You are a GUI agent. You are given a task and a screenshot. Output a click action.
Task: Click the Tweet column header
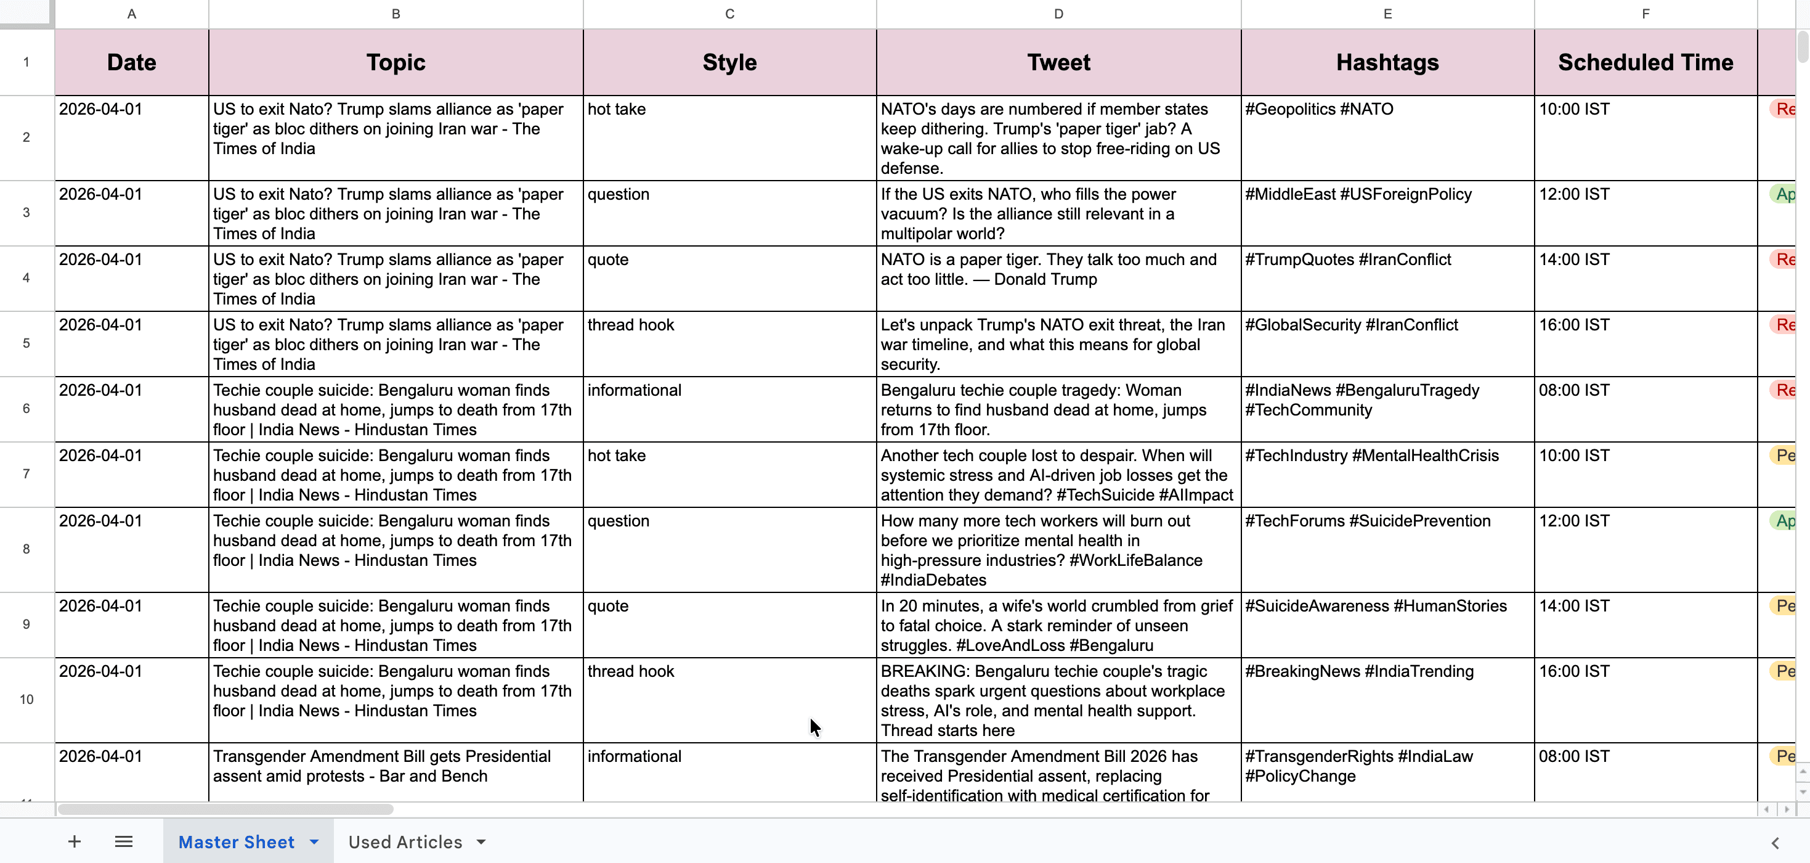(1058, 62)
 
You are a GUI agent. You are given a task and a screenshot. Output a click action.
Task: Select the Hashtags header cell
(1387, 62)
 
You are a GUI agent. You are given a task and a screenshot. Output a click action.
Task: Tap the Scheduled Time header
(1645, 62)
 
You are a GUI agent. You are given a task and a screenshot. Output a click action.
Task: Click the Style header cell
(729, 62)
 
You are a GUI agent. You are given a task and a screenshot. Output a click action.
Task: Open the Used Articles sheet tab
(405, 842)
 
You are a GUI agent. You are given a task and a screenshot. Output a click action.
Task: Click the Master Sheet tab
(236, 842)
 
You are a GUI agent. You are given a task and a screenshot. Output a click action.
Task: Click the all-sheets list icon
(124, 842)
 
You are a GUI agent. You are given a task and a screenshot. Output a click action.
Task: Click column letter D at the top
(1058, 14)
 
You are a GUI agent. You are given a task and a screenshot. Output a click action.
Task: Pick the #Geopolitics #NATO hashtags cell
(1387, 137)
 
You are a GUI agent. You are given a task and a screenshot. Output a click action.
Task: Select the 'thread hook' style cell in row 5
(729, 343)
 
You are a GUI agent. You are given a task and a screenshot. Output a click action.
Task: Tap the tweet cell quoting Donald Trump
(1058, 278)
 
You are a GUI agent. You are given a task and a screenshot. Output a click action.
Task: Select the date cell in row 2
(131, 137)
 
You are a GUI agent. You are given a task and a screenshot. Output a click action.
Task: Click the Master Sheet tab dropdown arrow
(314, 842)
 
